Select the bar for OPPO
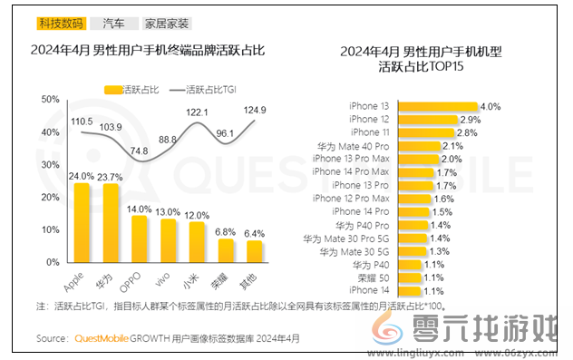[x=139, y=237]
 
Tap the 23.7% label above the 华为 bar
[x=111, y=176]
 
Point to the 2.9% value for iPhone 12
[x=470, y=120]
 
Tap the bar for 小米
[x=195, y=239]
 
